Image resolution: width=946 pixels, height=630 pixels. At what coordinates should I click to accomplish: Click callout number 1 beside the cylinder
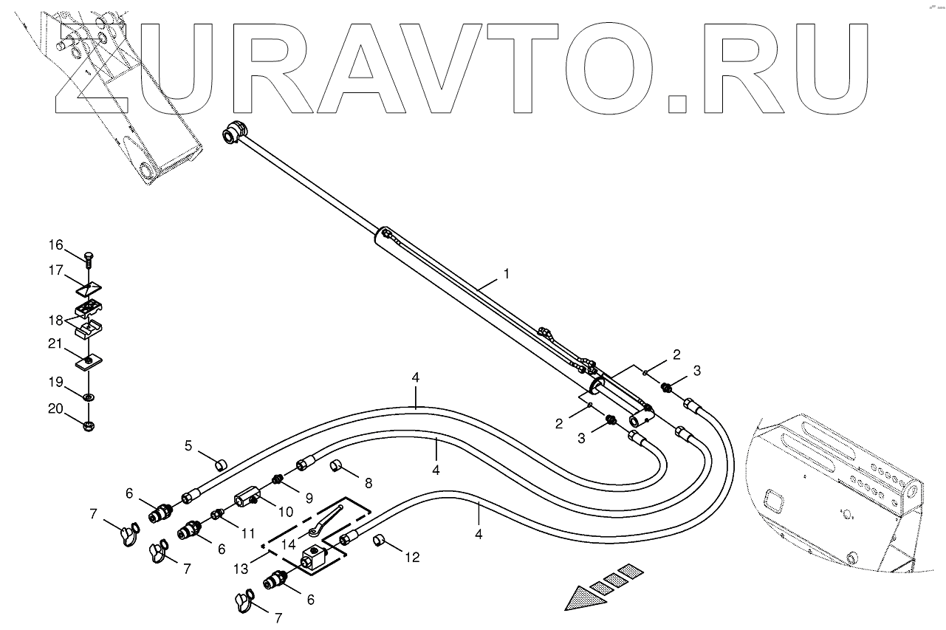pos(506,273)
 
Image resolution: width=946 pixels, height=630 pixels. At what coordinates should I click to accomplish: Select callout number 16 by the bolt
pos(57,244)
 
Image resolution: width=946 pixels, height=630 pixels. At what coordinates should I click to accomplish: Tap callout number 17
pos(57,270)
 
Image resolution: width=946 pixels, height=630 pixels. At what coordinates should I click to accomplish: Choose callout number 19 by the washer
pos(57,383)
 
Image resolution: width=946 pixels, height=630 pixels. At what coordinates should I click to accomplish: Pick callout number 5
pos(188,445)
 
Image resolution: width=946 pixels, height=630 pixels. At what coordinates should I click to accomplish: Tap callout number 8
pos(368,483)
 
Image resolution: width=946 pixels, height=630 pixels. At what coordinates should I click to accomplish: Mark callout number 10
pos(285,510)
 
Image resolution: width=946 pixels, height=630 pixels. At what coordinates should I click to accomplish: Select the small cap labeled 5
pos(219,465)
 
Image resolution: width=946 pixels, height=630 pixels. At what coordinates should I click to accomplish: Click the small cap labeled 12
pos(380,541)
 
